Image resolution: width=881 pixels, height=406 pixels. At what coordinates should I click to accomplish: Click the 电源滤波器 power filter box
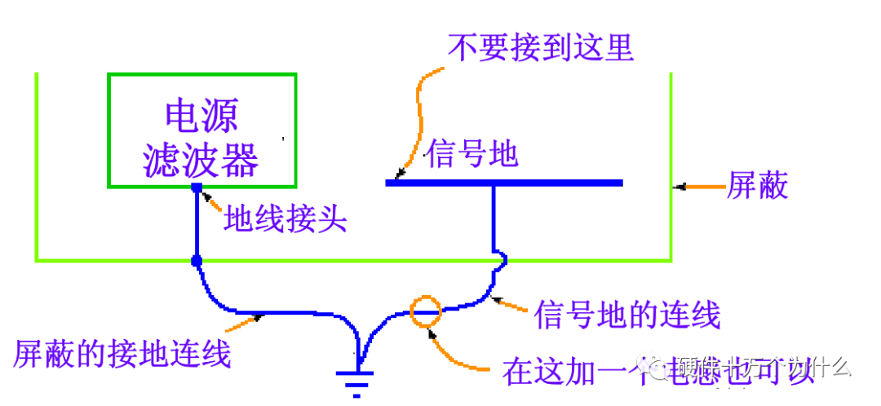point(201,130)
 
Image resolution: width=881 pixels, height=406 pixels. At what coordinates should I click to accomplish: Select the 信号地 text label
point(471,153)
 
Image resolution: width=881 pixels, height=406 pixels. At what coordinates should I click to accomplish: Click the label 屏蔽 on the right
point(758,187)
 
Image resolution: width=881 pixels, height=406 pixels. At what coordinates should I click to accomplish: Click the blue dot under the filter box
point(197,188)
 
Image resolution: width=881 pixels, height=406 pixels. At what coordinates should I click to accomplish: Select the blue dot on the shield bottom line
point(197,261)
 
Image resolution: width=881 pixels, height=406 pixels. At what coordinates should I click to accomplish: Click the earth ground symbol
point(356,380)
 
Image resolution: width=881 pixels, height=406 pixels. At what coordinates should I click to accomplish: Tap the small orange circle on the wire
point(425,311)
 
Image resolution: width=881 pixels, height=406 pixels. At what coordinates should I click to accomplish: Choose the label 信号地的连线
point(626,314)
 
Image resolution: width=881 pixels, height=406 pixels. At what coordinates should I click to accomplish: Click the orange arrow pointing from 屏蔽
point(700,188)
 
